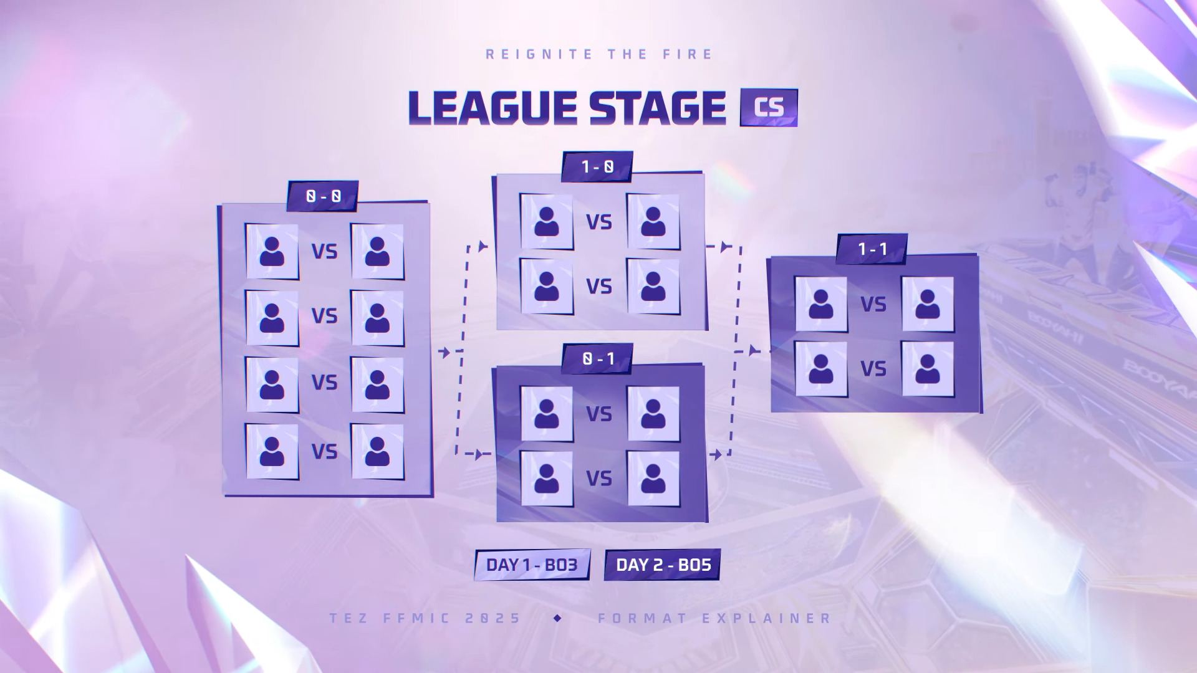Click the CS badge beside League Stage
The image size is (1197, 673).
click(769, 107)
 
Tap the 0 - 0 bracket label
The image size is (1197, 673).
click(323, 196)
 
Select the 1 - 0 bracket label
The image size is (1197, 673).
click(597, 166)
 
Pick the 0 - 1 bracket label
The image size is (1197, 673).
click(597, 358)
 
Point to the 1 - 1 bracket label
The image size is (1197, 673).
click(872, 249)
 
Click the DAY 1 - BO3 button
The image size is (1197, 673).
click(532, 565)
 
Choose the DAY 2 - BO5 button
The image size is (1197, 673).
click(663, 565)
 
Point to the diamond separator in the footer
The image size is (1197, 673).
click(557, 618)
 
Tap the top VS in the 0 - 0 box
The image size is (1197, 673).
click(324, 251)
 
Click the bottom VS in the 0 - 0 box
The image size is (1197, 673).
click(324, 451)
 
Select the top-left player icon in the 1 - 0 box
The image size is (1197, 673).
click(547, 221)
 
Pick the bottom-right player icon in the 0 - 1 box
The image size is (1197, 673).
click(653, 478)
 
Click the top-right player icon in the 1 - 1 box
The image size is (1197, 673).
click(928, 304)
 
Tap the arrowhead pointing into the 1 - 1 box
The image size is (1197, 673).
click(754, 351)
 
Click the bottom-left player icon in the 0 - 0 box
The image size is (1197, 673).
click(272, 451)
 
